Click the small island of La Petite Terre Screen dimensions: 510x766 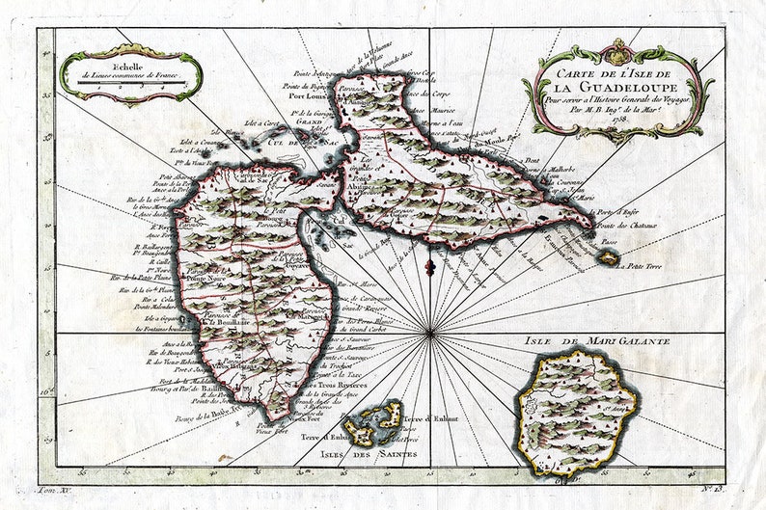point(608,256)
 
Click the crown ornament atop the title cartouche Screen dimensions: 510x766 point(618,45)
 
